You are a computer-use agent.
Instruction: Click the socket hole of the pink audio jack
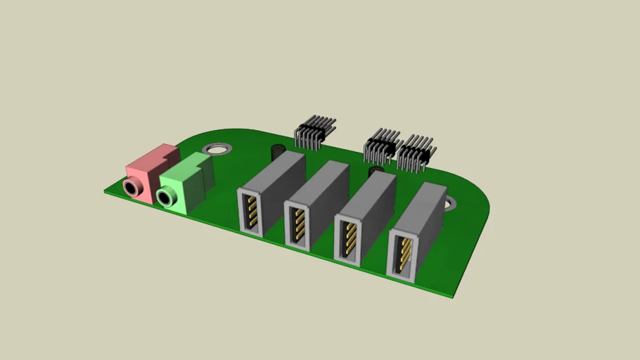tap(131, 187)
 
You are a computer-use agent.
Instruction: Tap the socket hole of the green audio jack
tap(165, 198)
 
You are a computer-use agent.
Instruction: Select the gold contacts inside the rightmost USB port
tap(404, 255)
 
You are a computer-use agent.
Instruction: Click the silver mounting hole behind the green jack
tap(217, 149)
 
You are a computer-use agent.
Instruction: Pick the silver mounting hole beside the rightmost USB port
tap(450, 203)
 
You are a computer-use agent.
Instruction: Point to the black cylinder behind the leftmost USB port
tap(278, 151)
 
